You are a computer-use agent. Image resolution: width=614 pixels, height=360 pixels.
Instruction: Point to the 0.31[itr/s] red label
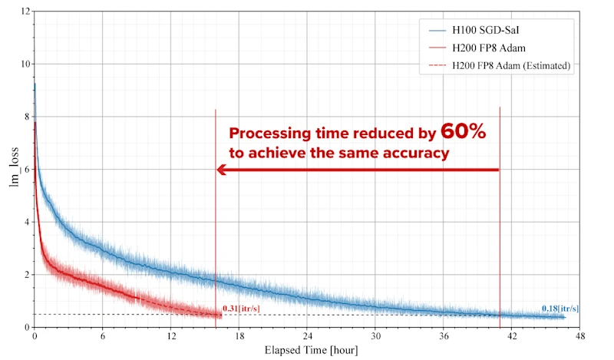tap(240, 309)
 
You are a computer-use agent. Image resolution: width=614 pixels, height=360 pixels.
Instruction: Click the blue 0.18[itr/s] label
tap(560, 309)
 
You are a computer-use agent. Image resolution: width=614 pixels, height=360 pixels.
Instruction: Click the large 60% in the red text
tap(463, 132)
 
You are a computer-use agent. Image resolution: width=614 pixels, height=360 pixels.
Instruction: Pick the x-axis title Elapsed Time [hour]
tap(307, 350)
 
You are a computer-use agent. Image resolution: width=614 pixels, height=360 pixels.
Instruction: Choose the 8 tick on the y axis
tap(27, 117)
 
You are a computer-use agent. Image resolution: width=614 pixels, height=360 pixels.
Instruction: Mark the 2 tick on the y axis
tap(27, 275)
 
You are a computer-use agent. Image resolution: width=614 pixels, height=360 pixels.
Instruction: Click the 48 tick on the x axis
tap(580, 336)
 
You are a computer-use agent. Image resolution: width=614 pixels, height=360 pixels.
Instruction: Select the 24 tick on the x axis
tap(307, 336)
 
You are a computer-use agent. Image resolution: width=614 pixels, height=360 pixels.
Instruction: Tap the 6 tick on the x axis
tap(102, 336)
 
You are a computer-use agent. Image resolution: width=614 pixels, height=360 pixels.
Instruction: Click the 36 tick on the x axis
tap(444, 336)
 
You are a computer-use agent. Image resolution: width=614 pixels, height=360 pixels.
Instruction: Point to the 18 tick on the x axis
tap(239, 336)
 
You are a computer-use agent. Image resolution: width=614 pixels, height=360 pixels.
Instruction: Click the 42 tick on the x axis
tap(512, 336)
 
